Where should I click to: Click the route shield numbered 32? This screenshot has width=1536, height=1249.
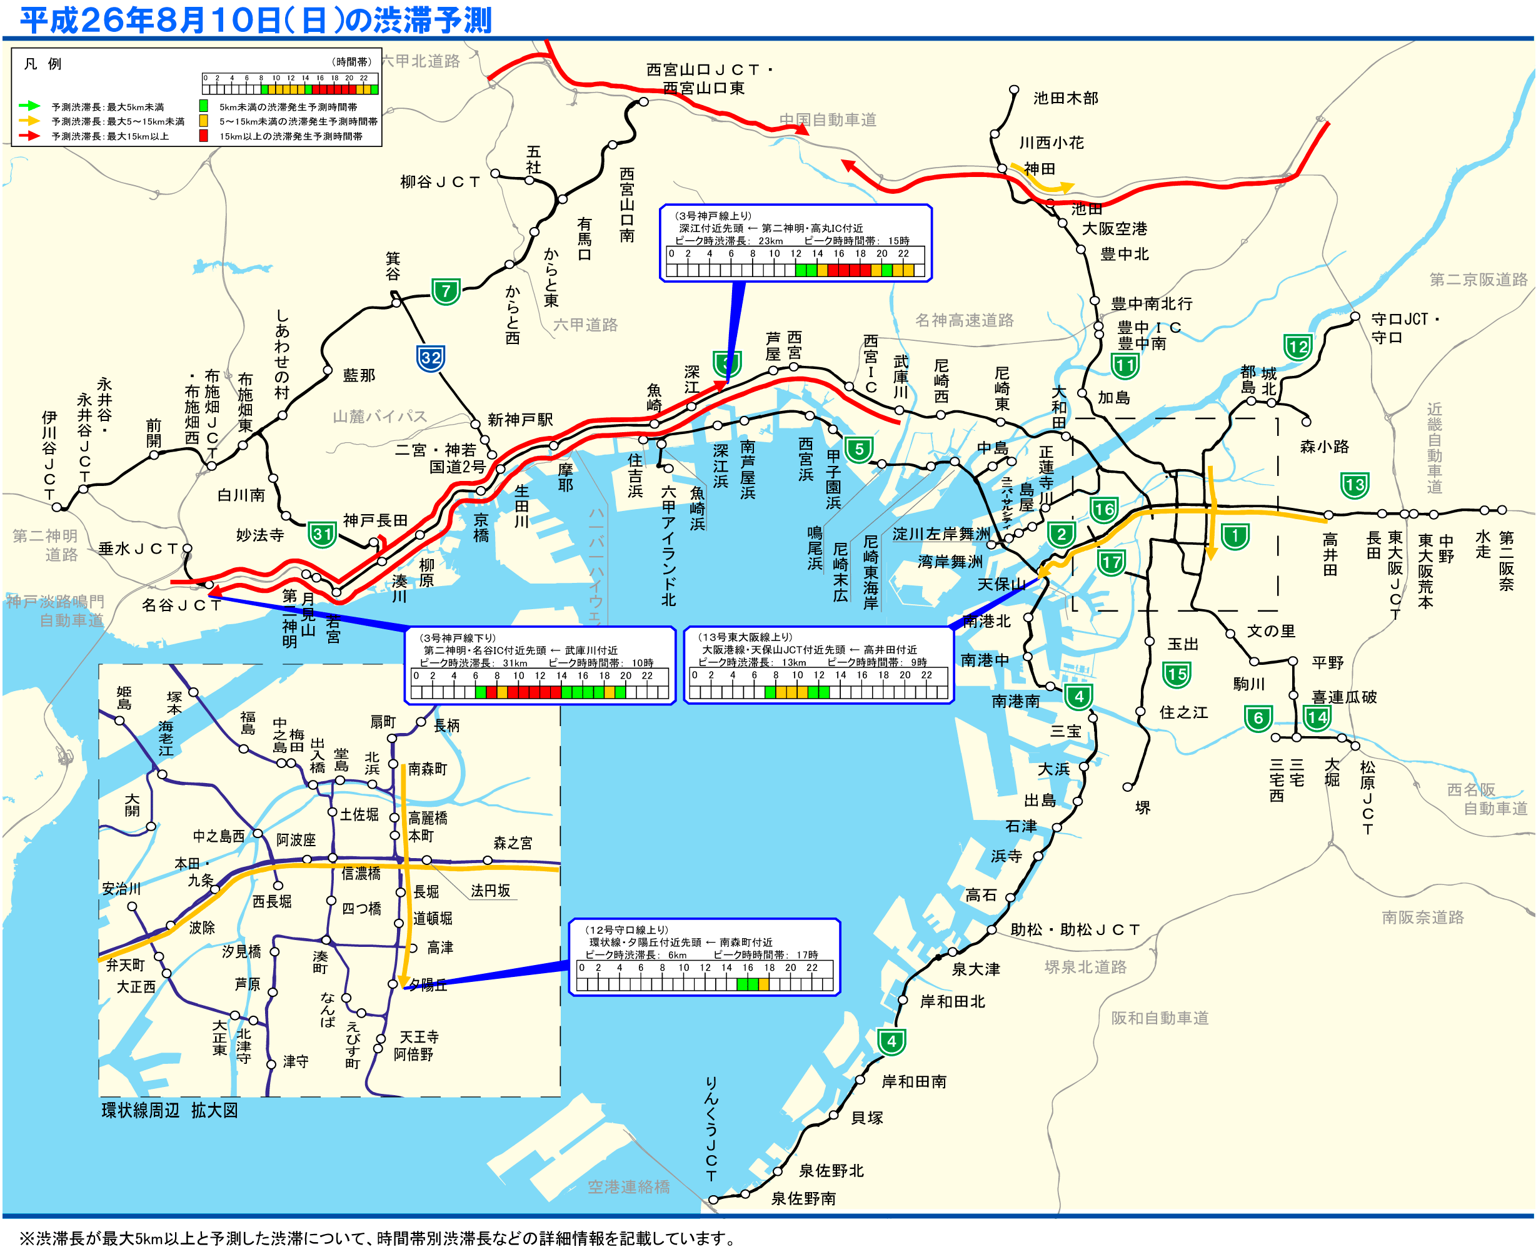point(431,358)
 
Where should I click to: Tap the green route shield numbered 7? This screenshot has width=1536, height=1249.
point(446,291)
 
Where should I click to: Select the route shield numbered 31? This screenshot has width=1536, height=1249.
point(322,535)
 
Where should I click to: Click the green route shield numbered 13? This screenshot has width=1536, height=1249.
point(1355,485)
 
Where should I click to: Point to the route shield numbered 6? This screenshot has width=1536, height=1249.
point(1258,718)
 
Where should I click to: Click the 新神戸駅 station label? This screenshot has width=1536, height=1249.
point(520,420)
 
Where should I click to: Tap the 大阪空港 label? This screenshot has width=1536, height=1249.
point(1115,229)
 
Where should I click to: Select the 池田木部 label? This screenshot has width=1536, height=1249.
point(1066,98)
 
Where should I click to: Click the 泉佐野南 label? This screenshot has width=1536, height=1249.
point(803,1198)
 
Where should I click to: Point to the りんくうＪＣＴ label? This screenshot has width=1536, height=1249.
point(711,1130)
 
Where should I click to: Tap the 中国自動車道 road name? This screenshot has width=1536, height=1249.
point(828,119)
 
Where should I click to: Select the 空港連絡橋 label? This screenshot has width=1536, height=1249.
point(628,1187)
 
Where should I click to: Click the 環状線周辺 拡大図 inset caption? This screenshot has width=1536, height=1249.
point(169,1110)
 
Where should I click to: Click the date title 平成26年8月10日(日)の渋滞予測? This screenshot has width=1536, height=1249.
point(255,20)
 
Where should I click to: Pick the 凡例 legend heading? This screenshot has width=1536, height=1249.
point(43,64)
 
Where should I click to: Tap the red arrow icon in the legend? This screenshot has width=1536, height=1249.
point(29,135)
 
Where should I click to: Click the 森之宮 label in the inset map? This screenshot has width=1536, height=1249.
point(513,843)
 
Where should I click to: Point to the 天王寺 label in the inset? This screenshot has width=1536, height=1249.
point(419,1037)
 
